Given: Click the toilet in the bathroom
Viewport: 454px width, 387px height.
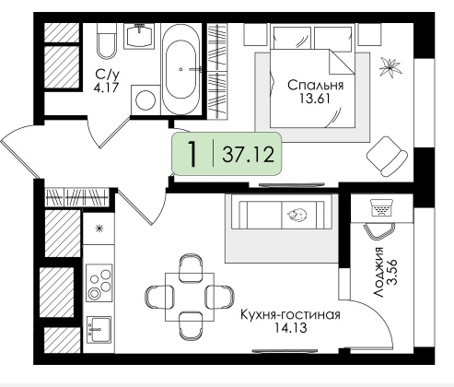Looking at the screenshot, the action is [107, 41].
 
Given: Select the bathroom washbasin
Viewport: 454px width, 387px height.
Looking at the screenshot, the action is [139, 36].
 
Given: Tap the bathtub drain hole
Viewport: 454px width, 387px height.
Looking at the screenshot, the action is [181, 69].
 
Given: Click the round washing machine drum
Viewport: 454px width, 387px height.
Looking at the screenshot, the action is [146, 100].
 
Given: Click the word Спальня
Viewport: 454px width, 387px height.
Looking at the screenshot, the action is [315, 86].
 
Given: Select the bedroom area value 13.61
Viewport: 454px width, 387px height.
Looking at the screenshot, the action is [315, 99].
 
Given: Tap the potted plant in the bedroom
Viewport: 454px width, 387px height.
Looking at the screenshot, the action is [390, 67].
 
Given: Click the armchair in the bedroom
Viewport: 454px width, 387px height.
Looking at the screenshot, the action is [387, 157].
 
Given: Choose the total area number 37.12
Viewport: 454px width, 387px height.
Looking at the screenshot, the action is [249, 154].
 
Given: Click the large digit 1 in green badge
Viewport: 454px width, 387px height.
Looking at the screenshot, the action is [192, 154].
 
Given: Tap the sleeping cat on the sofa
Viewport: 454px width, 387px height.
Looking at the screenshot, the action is [297, 214].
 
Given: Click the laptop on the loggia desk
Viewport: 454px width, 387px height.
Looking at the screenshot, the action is [382, 207].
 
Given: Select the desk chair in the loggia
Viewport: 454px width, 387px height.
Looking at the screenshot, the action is [379, 230].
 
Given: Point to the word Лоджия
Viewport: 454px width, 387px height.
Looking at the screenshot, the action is [379, 272].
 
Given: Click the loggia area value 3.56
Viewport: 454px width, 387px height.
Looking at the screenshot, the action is [392, 272].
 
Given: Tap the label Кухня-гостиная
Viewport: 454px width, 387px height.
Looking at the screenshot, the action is [290, 315].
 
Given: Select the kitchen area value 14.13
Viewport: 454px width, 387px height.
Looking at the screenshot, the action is [290, 328].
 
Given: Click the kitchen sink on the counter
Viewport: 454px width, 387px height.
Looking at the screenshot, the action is [99, 330].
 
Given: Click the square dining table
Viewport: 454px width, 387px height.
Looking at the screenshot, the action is [190, 297].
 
